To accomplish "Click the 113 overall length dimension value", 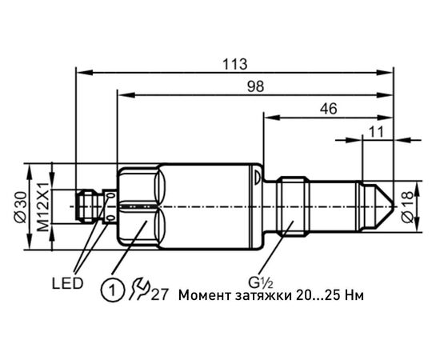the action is [235, 64].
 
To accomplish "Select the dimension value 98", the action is [256, 86].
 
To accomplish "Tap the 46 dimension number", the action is [329, 108].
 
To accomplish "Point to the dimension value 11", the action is [376, 131].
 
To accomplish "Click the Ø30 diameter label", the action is [21, 207].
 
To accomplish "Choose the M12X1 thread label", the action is [43, 206].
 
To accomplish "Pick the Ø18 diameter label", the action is [408, 207].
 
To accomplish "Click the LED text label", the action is [68, 283].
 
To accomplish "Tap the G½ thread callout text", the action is [261, 282].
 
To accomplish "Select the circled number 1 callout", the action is [112, 290].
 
